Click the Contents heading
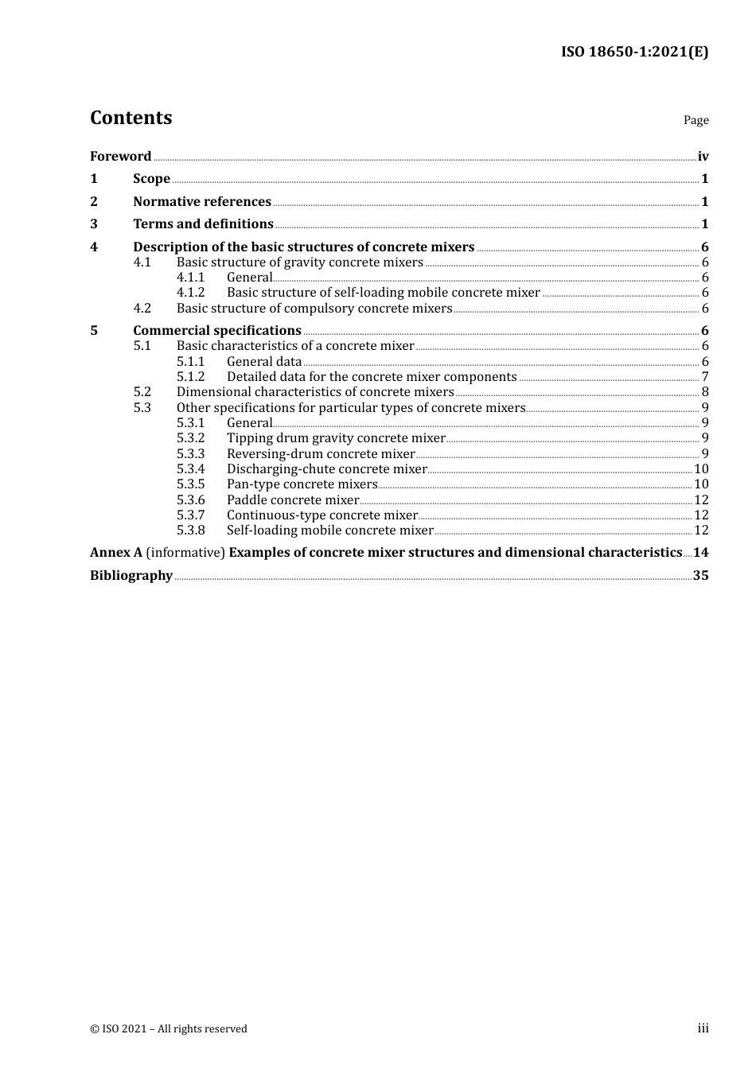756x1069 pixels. click(x=131, y=118)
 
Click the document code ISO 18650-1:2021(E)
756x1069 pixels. click(x=634, y=52)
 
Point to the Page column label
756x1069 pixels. click(x=696, y=120)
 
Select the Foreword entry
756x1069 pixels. click(x=120, y=157)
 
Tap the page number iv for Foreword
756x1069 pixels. click(x=703, y=157)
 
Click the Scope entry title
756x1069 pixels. click(x=151, y=179)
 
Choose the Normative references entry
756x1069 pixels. click(x=202, y=202)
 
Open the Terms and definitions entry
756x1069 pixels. click(x=203, y=224)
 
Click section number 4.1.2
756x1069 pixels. click(x=190, y=293)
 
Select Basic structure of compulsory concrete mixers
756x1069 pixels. click(x=314, y=309)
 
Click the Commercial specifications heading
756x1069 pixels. click(x=217, y=331)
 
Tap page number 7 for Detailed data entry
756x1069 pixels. click(x=705, y=377)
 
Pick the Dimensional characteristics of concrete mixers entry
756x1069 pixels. click(x=315, y=392)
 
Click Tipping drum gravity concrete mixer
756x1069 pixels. click(x=336, y=438)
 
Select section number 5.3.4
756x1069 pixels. click(x=190, y=469)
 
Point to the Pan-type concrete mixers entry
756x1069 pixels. click(x=302, y=484)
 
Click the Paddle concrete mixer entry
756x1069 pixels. click(x=293, y=500)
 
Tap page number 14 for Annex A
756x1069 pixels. click(x=700, y=553)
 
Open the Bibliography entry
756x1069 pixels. click(x=131, y=576)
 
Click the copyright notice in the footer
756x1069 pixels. click(x=169, y=1029)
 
